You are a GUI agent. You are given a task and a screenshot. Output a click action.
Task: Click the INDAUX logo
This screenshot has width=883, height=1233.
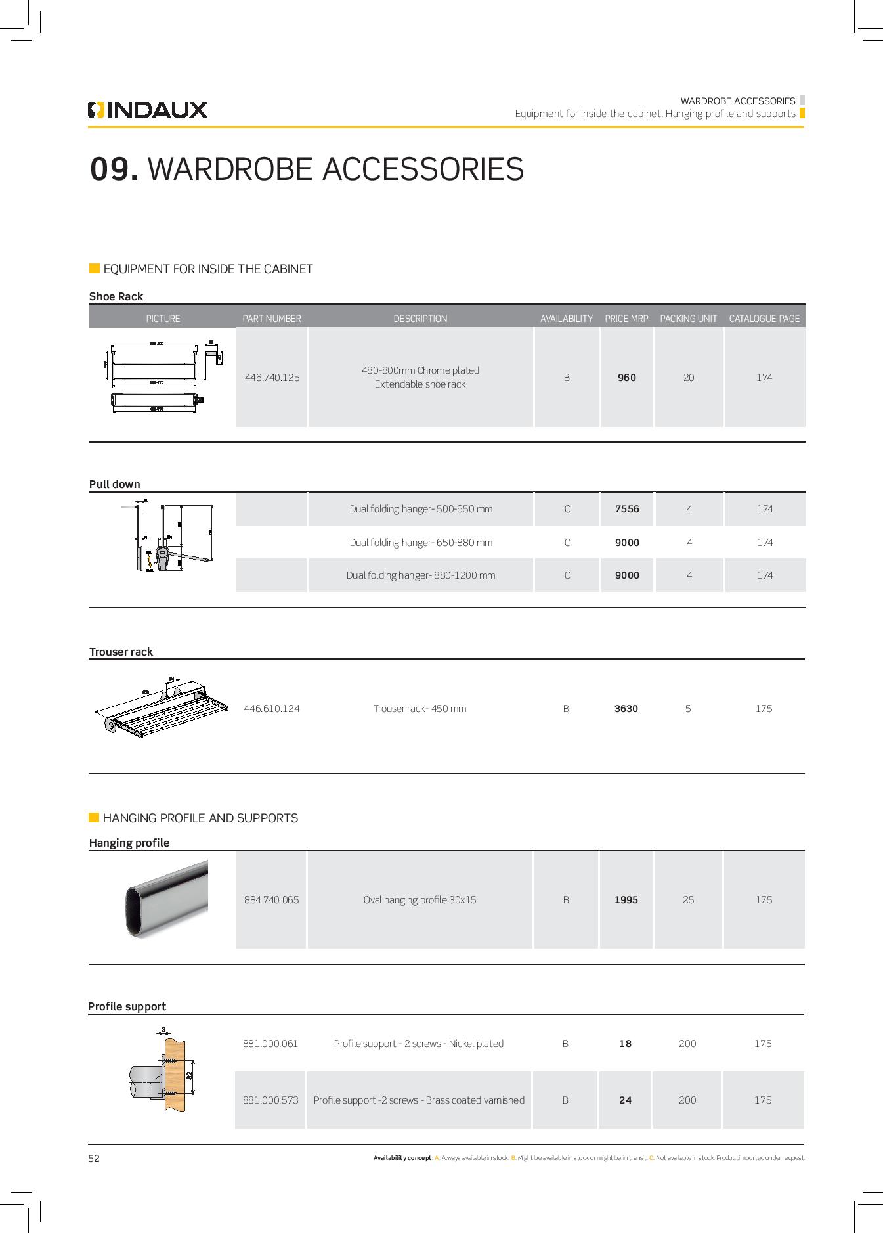(148, 110)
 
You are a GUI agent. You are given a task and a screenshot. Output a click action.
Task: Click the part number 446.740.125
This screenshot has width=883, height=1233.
(272, 378)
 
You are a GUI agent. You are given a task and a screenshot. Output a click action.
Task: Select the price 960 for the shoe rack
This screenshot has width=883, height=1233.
(627, 378)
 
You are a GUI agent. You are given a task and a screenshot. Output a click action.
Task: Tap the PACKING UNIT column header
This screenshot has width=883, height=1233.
(688, 319)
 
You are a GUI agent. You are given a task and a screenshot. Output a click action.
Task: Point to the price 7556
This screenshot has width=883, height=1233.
(627, 509)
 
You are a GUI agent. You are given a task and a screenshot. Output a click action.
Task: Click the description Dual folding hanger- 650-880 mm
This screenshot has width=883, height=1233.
(421, 543)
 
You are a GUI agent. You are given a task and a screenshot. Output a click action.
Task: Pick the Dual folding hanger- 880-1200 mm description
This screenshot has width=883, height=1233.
(421, 575)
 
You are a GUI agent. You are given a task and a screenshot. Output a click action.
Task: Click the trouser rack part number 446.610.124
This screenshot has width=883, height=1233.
(271, 709)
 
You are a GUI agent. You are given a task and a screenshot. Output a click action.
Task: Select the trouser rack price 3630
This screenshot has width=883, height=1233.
(626, 709)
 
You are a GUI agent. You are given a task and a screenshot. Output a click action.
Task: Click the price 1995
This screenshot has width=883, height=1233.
(626, 900)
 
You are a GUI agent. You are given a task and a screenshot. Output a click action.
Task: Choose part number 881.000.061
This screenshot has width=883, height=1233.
(270, 1044)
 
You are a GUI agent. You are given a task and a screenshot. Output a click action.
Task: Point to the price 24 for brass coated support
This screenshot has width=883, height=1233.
(625, 1100)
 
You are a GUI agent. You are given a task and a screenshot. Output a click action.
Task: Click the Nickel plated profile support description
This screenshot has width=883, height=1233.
(418, 1044)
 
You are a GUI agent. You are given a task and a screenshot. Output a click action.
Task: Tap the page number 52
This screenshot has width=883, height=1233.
(94, 1159)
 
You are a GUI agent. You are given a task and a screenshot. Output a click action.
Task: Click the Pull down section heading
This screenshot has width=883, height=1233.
(115, 484)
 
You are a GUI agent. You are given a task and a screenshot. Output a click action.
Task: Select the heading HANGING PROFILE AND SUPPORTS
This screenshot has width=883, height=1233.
(200, 818)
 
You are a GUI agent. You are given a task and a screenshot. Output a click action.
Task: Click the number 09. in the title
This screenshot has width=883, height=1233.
(114, 169)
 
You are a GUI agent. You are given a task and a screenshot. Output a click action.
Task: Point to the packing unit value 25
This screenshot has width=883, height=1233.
(688, 900)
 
